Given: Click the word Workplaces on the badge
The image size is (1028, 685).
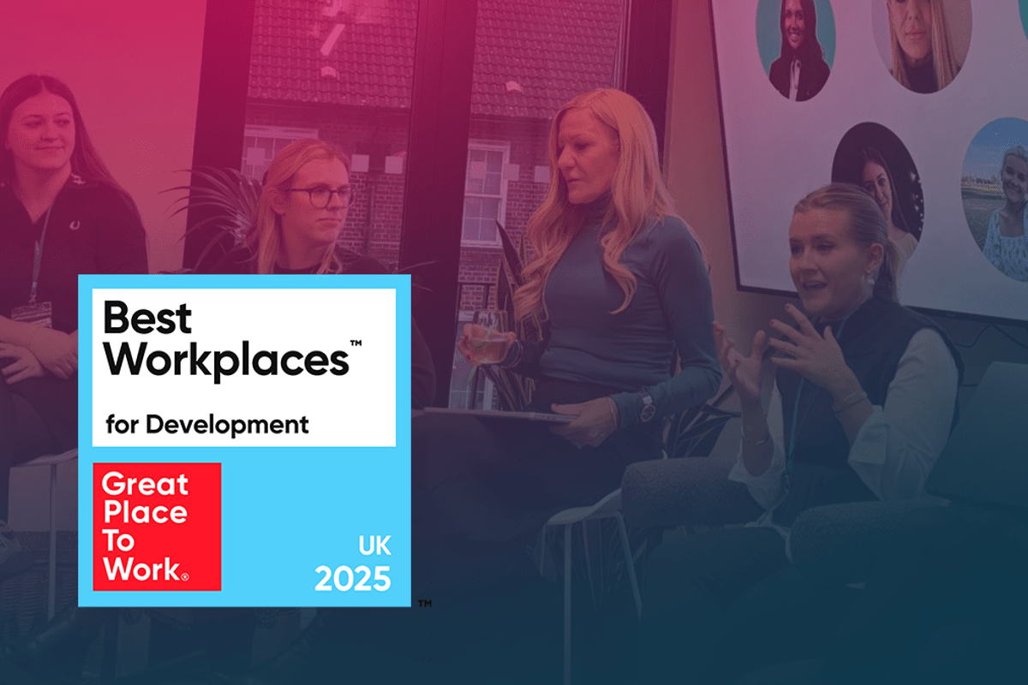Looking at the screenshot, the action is [226, 360].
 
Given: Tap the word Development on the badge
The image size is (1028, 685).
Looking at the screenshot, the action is [227, 425].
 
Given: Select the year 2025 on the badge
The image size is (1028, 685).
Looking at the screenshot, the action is [352, 579].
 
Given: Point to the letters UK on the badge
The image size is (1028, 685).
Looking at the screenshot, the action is [374, 545].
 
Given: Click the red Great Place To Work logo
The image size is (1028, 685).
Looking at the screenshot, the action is [157, 527].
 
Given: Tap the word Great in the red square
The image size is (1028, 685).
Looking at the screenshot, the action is [145, 485].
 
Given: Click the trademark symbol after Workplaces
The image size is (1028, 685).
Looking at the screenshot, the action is [356, 342].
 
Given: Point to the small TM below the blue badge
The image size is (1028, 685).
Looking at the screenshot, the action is [425, 604].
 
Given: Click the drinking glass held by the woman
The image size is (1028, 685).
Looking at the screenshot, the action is [490, 337].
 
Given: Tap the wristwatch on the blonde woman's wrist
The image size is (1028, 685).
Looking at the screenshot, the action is [646, 407].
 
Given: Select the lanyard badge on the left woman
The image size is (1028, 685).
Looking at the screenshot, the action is [31, 314].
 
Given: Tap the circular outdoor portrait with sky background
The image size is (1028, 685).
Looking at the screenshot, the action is [995, 198].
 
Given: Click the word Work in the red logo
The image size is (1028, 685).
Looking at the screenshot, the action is [143, 569].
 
